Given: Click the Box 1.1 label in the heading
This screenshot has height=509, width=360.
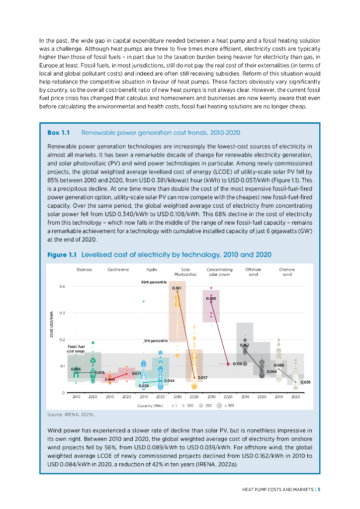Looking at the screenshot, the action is (59, 132).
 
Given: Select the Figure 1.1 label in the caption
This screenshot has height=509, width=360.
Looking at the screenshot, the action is (62, 255).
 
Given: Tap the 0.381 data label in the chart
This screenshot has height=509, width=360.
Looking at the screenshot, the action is (177, 288).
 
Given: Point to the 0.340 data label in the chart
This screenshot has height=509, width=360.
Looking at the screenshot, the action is (211, 298).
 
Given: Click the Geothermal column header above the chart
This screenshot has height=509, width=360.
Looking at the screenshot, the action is (118, 269).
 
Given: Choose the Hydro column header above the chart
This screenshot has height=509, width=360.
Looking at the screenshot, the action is (152, 269).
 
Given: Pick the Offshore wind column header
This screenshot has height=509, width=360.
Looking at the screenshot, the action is (253, 272).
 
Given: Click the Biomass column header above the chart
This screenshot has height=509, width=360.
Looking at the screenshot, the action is (85, 269).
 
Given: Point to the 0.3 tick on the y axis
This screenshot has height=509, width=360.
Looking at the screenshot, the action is (62, 313).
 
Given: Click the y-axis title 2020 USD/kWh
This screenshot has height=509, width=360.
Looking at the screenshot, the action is (51, 324).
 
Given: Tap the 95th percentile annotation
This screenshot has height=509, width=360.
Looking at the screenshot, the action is (154, 282).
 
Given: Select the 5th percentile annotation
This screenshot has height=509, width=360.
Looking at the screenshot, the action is (156, 341).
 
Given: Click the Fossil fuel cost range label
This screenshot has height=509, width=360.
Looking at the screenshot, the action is (76, 349).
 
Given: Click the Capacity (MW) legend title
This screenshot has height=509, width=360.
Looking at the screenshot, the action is (150, 406).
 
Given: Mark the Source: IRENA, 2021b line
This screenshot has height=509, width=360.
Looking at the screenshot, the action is (71, 415).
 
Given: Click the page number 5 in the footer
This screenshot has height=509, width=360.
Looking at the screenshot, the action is (319, 490).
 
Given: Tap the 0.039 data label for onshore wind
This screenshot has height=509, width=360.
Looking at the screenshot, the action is (305, 382).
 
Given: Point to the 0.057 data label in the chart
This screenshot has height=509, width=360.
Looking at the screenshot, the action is (202, 378).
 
